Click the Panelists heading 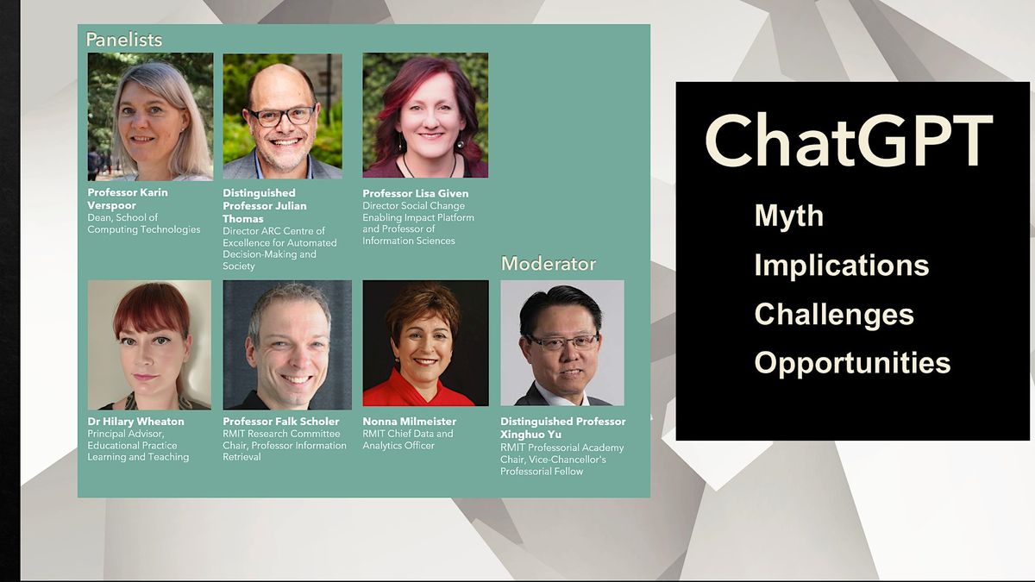point(124,40)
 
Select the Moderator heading point(549,264)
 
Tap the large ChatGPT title point(849,141)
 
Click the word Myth point(788,216)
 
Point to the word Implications point(841,265)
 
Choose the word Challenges point(833,314)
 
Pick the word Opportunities point(852,363)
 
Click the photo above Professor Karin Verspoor point(150,116)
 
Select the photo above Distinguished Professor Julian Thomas point(282,116)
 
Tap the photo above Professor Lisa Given point(425,116)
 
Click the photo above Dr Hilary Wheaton point(149,344)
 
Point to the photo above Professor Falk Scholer point(287,344)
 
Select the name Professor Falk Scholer point(281,422)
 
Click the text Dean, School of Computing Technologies point(143,223)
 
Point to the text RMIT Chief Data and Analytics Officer point(407,440)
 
